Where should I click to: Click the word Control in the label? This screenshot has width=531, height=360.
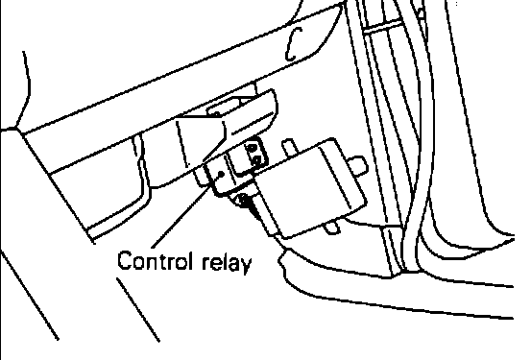(x=157, y=260)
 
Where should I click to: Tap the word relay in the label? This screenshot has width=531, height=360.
(x=227, y=262)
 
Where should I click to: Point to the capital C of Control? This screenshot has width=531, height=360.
(x=124, y=261)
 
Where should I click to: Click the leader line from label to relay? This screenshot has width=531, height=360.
(x=185, y=211)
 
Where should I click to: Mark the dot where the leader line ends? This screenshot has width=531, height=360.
(x=221, y=174)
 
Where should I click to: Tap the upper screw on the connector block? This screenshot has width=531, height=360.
(x=253, y=148)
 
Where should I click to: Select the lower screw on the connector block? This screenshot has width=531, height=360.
(x=256, y=160)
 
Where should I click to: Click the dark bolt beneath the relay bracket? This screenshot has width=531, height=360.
(x=244, y=200)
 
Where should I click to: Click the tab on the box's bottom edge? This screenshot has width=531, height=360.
(x=332, y=227)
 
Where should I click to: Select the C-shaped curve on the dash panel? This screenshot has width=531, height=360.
(x=293, y=44)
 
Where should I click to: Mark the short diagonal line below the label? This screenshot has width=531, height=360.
(x=138, y=309)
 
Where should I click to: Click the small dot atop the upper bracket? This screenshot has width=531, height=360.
(x=217, y=114)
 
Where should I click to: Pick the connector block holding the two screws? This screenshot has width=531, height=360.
(x=247, y=156)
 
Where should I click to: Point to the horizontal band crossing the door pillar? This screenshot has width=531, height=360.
(x=381, y=26)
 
